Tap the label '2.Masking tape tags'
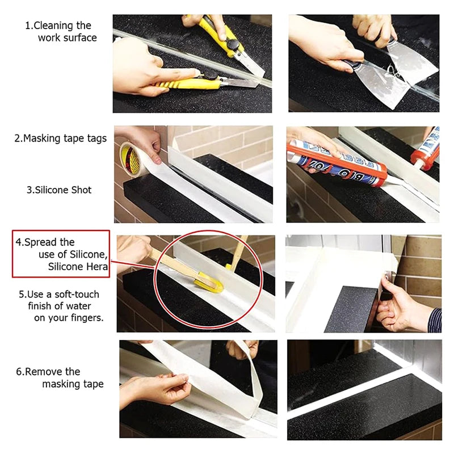(x=61, y=138)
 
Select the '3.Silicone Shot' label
(x=60, y=190)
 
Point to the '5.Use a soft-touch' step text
(x=59, y=294)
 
